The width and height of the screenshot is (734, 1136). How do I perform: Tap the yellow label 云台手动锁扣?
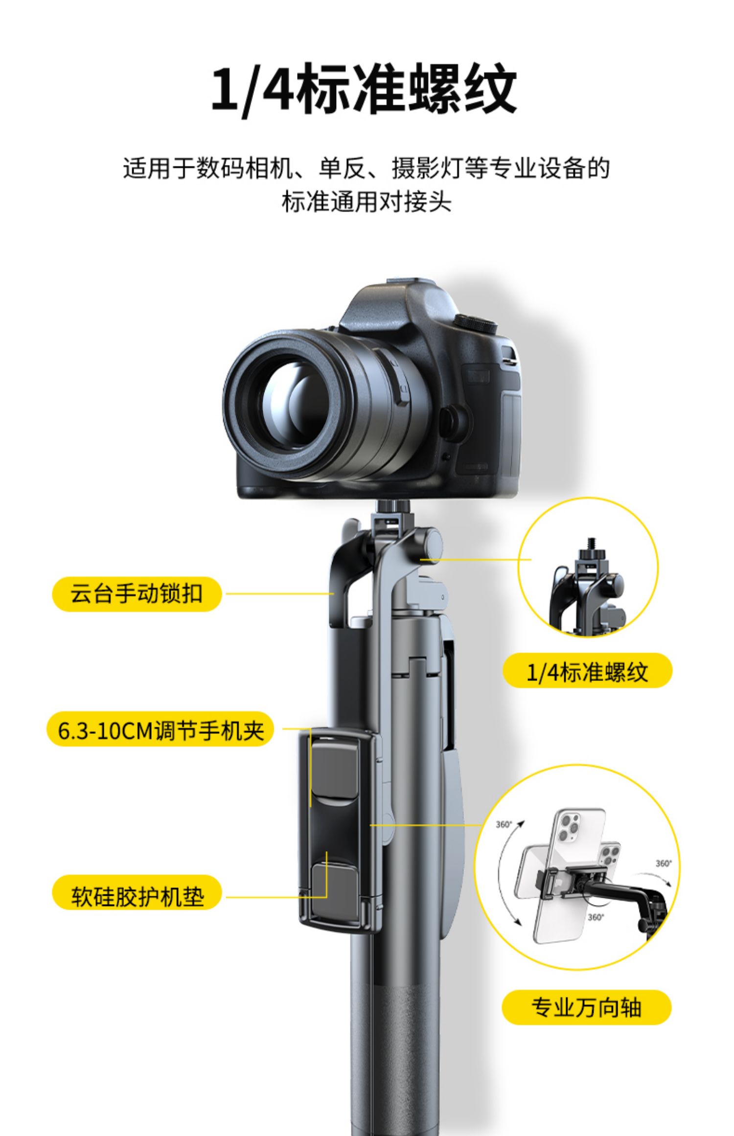(137, 594)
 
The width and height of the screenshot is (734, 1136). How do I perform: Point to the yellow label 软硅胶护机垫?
(137, 896)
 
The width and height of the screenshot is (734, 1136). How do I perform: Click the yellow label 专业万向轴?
(586, 1007)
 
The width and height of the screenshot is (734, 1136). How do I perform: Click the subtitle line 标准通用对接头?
(366, 201)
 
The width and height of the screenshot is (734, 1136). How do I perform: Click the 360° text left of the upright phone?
(504, 824)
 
